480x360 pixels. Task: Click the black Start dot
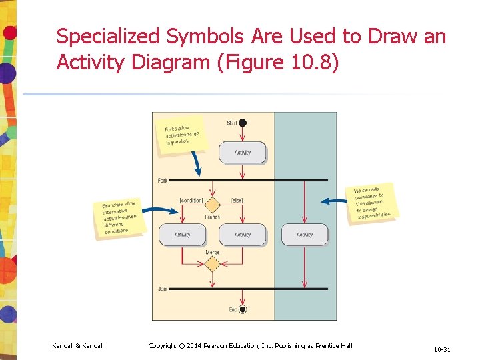click(x=243, y=123)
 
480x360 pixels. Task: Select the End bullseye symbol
click(x=243, y=309)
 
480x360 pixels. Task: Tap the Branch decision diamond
click(x=212, y=204)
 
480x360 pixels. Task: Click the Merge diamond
click(x=212, y=265)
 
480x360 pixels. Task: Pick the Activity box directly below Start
click(x=243, y=153)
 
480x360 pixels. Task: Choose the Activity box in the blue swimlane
click(x=305, y=235)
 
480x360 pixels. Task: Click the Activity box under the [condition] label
click(x=182, y=235)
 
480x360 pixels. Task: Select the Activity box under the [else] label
click(x=243, y=235)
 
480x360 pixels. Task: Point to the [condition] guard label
click(x=191, y=200)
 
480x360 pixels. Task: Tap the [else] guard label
click(x=236, y=200)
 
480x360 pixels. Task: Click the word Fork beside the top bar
click(x=163, y=181)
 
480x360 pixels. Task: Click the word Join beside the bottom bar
click(x=163, y=289)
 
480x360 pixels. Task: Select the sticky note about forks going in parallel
click(x=181, y=136)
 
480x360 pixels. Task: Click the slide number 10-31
click(x=442, y=349)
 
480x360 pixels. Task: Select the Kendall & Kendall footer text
click(x=78, y=345)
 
